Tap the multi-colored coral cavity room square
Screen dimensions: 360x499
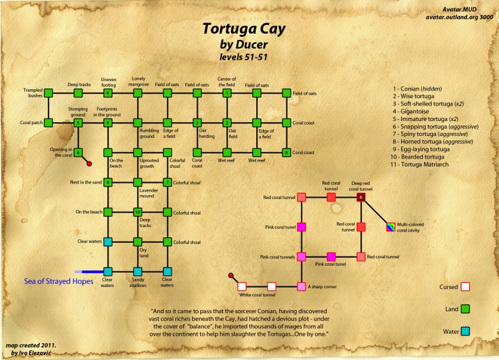tap(391, 226)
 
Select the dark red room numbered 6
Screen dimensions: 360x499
tap(361, 197)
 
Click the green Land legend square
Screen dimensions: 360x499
tap(464, 308)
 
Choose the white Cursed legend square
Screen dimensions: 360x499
tap(464, 287)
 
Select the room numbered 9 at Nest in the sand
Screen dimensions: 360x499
tap(108, 182)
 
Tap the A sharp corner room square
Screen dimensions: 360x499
tap(301, 286)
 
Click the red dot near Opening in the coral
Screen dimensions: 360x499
tap(90, 163)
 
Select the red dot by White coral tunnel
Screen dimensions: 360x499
tap(231, 275)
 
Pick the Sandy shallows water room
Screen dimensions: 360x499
tap(138, 271)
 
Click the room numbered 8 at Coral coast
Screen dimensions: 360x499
tap(286, 152)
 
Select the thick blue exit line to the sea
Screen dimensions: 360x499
tap(91, 271)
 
